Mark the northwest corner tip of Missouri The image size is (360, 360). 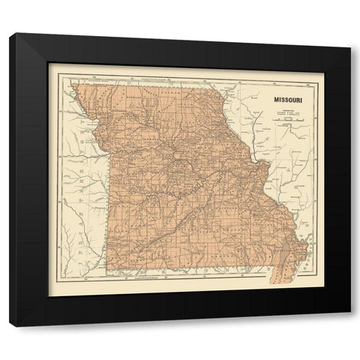click(73, 85)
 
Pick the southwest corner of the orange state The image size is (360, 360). click(109, 271)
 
